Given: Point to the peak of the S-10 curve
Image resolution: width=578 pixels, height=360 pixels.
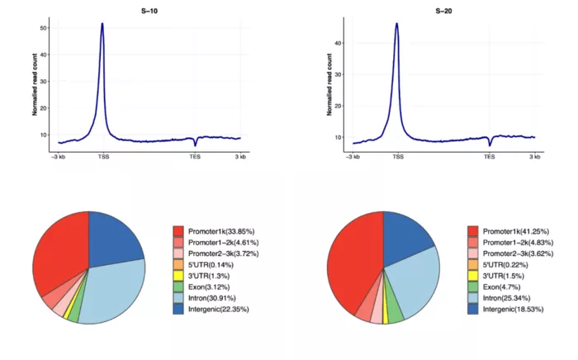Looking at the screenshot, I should click(x=102, y=24).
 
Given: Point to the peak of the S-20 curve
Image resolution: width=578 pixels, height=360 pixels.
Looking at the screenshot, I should click(x=397, y=24).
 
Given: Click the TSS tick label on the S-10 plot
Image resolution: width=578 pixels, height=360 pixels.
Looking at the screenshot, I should click(x=103, y=155).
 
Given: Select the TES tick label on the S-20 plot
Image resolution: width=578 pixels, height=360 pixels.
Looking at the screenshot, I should click(x=490, y=155).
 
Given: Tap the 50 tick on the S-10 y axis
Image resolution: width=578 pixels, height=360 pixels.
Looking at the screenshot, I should click(x=43, y=28).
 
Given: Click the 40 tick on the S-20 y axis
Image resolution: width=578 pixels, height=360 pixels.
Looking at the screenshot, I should click(x=338, y=43).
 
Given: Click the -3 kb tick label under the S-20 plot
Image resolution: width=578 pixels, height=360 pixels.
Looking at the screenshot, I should click(x=353, y=155).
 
